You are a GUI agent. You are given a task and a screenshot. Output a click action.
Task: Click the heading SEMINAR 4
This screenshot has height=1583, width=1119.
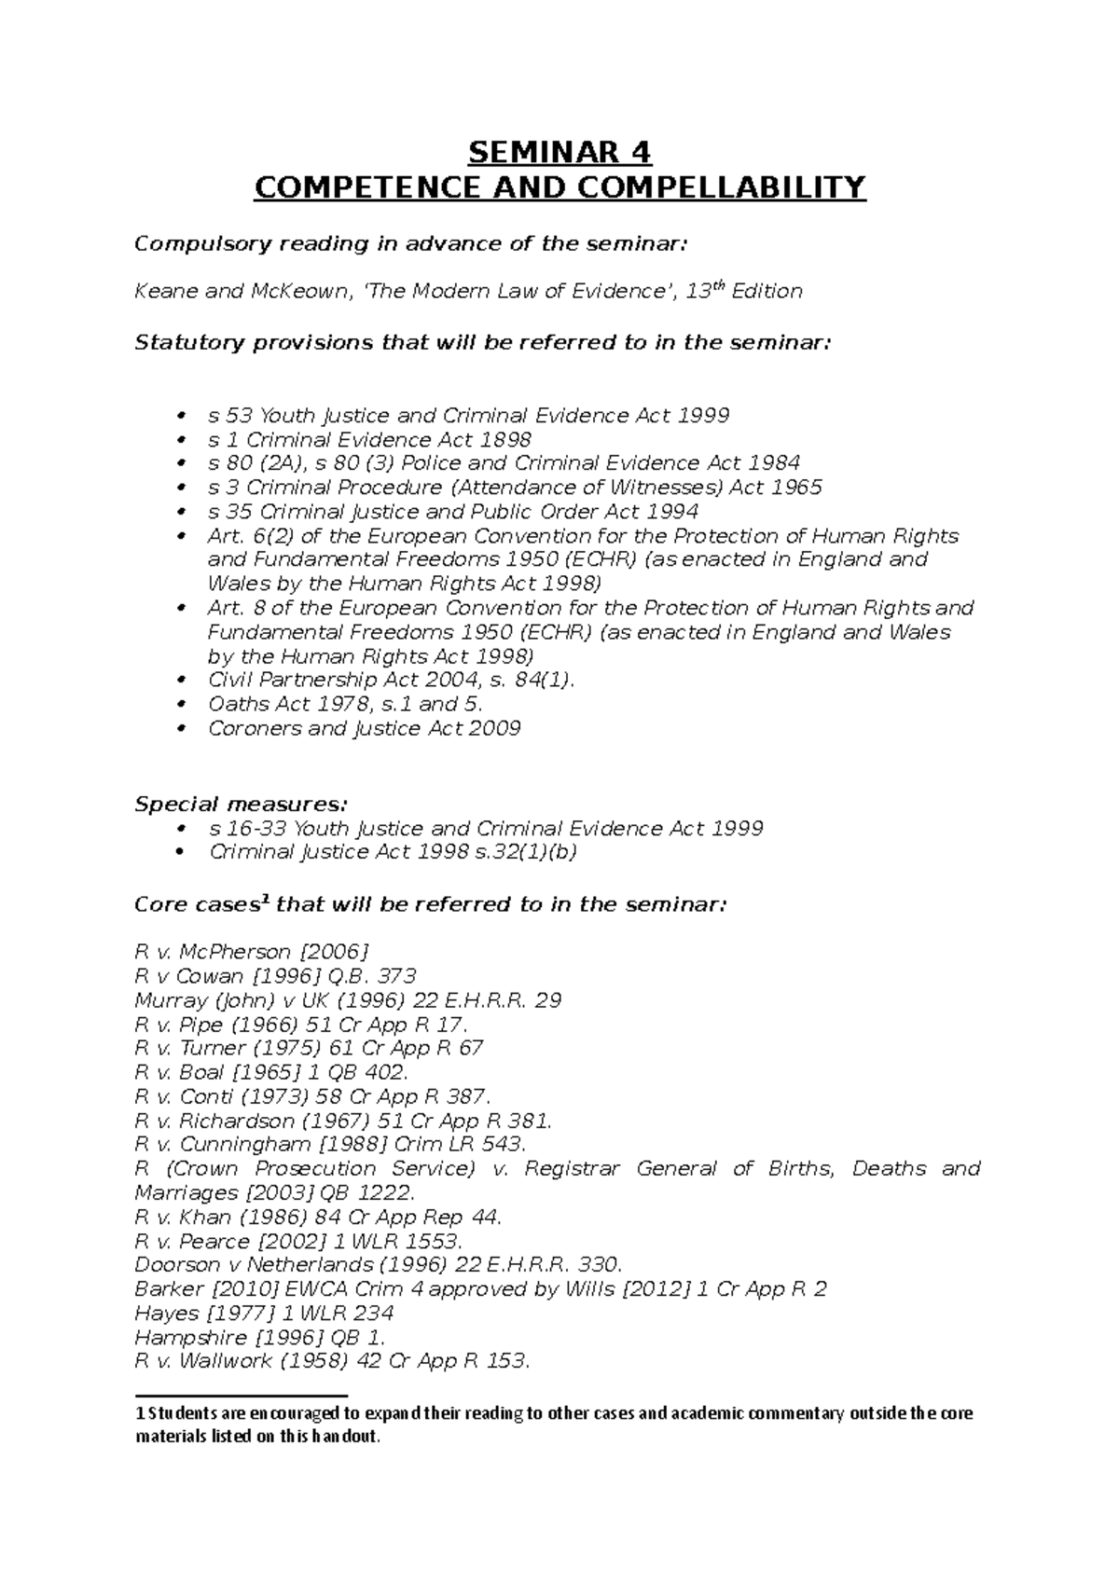pos(559,151)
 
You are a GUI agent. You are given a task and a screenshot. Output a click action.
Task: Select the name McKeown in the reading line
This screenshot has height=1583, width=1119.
pos(298,292)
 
